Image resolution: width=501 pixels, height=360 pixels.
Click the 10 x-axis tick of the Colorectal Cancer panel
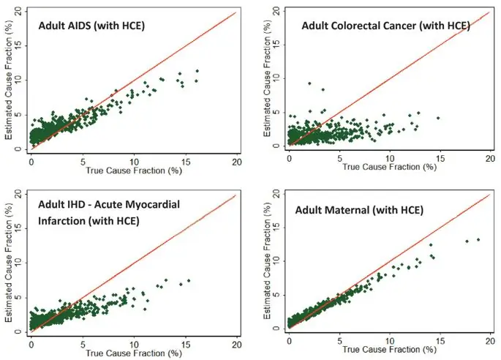[390, 157]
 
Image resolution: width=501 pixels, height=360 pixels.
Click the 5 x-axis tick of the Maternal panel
[339, 342]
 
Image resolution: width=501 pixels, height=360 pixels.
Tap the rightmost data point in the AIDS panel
[197, 71]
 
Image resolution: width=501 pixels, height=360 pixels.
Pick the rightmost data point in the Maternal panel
[478, 239]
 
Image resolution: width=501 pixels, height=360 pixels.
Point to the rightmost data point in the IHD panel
[189, 281]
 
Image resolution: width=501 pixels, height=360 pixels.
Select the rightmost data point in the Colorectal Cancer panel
[437, 118]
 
